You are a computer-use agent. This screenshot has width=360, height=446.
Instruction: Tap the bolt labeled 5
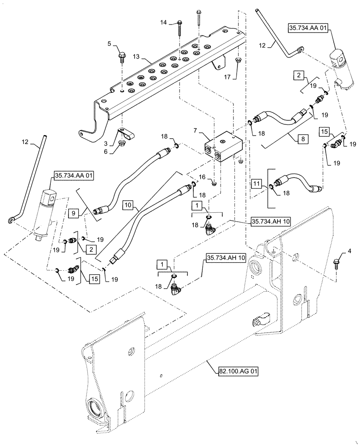click(122, 57)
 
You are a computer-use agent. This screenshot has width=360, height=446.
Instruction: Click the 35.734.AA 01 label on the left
click(74, 176)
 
